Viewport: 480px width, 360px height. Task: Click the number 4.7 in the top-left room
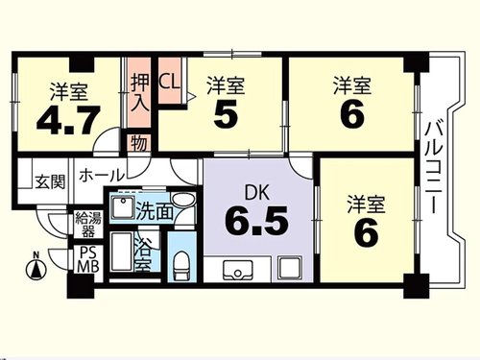(68, 120)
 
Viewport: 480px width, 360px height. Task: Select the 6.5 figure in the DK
(256, 221)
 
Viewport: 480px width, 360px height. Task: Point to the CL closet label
(169, 83)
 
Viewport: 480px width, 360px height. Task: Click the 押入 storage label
(140, 93)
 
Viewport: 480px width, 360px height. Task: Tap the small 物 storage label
(140, 143)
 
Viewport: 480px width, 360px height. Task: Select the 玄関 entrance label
(50, 181)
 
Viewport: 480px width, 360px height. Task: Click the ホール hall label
(102, 175)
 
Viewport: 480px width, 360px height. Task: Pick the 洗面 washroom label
(155, 211)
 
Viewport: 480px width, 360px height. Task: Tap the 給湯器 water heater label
(87, 225)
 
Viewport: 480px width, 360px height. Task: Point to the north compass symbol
(36, 266)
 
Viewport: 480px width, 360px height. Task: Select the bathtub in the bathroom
(121, 252)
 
